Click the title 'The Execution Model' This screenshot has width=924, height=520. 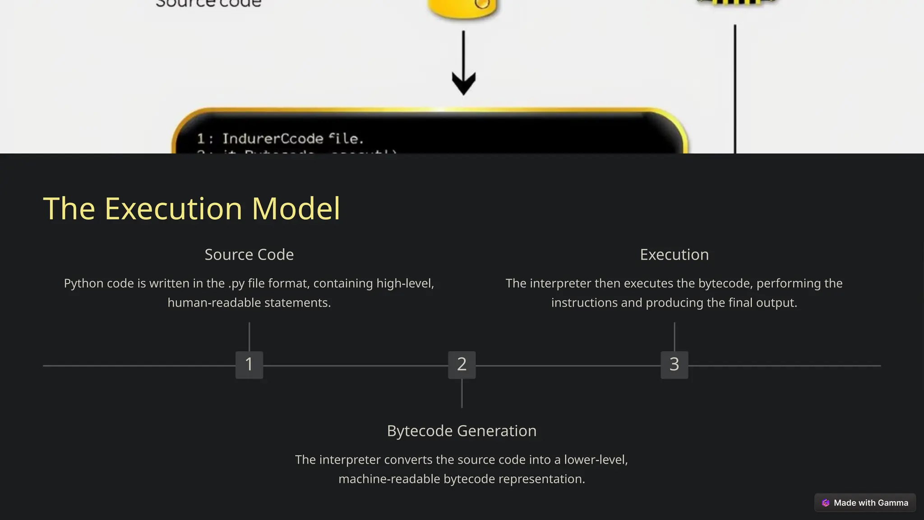191,209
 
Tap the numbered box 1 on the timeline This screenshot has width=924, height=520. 249,365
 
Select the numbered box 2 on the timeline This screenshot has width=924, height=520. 462,365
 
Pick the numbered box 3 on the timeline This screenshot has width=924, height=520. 674,365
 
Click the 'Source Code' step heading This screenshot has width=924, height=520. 249,255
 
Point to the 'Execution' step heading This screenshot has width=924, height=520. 674,255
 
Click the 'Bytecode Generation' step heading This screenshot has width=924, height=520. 462,431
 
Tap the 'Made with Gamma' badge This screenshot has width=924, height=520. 865,503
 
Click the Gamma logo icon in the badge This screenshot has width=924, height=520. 826,503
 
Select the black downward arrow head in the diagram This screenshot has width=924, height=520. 463,84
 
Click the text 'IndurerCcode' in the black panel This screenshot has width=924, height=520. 273,139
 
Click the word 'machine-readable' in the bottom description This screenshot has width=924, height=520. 389,479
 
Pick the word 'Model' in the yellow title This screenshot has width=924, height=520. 296,209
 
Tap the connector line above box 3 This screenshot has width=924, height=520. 674,336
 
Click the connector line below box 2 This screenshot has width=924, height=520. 462,393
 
